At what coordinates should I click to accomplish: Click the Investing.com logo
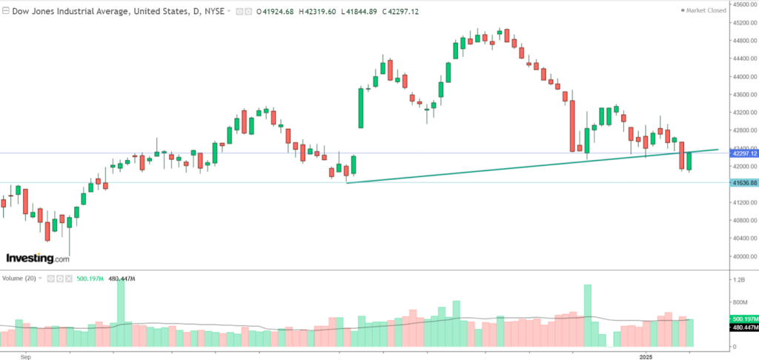38,259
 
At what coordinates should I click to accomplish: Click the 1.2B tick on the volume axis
738,281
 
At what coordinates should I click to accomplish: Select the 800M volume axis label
738,303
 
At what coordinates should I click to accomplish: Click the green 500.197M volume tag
742,319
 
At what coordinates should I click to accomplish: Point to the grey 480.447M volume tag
742,327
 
